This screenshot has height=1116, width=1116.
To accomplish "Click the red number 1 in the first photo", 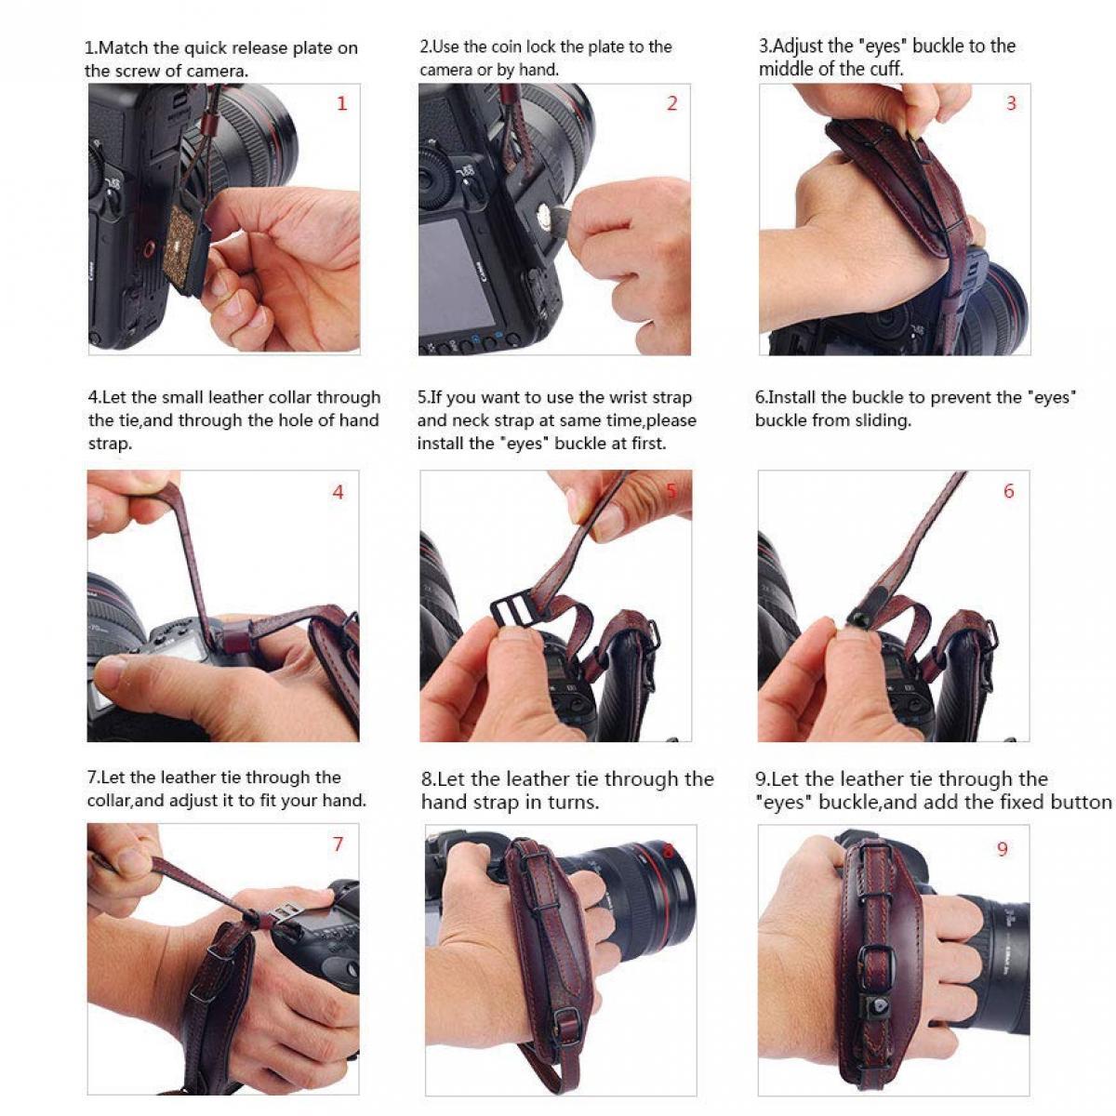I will [341, 103].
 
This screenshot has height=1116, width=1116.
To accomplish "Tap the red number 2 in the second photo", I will [672, 103].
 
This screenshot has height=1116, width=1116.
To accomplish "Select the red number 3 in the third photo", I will [1012, 103].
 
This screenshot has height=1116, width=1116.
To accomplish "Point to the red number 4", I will [338, 492].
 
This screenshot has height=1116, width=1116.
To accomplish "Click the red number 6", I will [1008, 491].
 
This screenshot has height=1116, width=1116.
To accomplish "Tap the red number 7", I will [338, 844].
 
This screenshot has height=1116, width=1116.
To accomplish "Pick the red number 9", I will [1002, 848].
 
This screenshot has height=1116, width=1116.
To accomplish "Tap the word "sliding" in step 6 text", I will [883, 420].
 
